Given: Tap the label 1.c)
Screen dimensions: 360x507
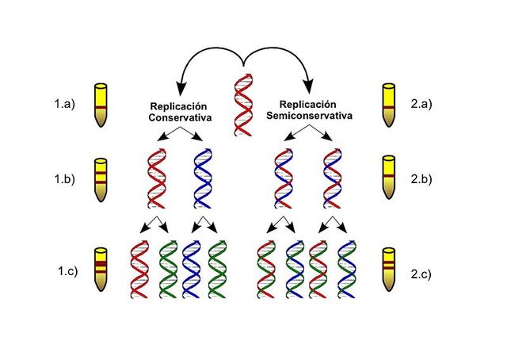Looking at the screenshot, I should [x=63, y=274].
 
